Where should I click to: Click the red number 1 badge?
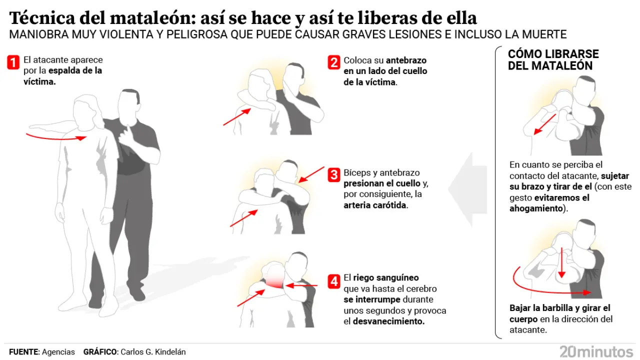[x=13, y=62]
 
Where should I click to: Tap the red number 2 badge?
[x=334, y=62]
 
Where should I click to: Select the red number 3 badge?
[x=334, y=175]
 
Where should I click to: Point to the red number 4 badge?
[x=334, y=281]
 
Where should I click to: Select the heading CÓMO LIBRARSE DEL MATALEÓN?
[x=553, y=59]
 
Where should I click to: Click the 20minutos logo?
[x=596, y=351]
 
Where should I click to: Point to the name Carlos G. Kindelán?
[x=153, y=352]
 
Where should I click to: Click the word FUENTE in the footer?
[x=23, y=352]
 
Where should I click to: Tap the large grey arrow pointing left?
[x=467, y=189]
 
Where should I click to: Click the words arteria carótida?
[x=374, y=205]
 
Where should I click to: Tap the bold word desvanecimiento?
[x=388, y=321]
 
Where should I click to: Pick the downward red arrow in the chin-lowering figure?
[x=561, y=262]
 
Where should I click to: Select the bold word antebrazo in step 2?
[x=406, y=60]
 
